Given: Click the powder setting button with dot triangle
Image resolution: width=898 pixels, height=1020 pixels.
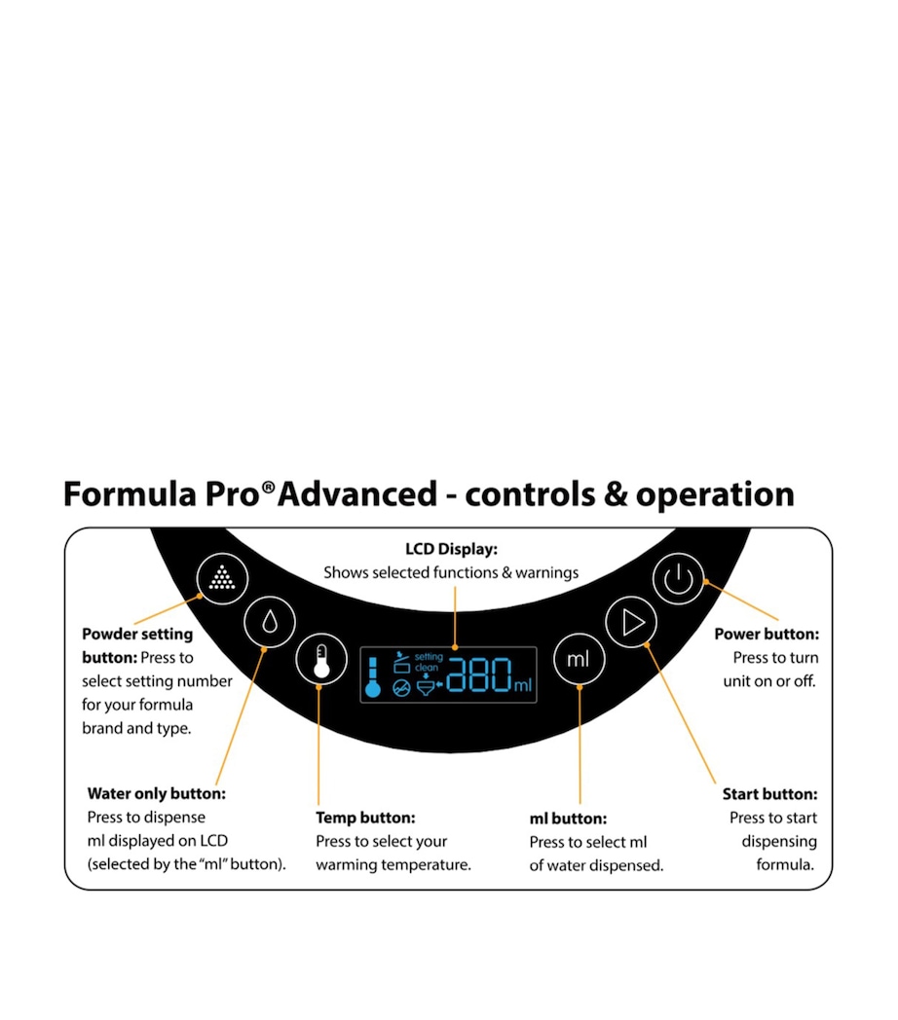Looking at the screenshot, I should point(222,578).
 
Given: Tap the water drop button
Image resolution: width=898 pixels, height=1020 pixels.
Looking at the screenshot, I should point(270,620).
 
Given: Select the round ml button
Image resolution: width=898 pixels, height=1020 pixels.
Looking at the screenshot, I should point(579,659).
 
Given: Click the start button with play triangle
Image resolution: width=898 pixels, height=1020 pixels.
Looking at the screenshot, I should point(632,621).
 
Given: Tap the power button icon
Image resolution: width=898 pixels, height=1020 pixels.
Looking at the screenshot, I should point(678,579).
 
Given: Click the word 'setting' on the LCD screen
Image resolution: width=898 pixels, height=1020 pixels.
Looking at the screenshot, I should point(429,657).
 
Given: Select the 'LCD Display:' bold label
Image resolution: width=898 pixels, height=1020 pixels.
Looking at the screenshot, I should point(451,549).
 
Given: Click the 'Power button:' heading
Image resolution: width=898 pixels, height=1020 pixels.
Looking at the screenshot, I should point(767,634).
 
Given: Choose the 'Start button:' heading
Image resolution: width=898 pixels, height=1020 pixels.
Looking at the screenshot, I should point(769,794).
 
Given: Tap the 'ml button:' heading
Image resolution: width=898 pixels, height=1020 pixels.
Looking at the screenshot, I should point(568,819).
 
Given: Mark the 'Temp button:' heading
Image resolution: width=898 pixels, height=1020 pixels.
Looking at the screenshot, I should point(365,818).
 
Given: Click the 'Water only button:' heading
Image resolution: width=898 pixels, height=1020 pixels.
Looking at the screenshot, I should point(157,793).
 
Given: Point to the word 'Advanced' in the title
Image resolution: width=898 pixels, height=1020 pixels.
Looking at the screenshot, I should point(357,494).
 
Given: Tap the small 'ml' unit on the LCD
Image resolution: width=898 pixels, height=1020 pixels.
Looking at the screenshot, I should point(523,686).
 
